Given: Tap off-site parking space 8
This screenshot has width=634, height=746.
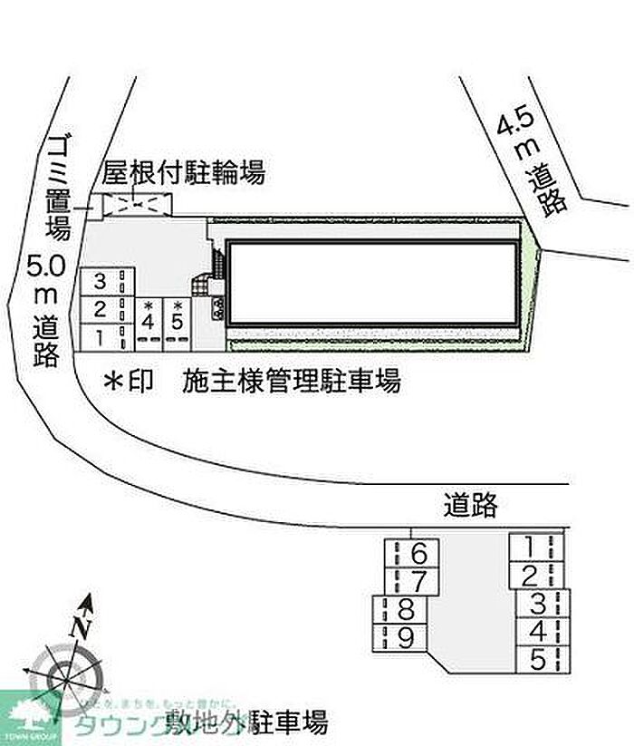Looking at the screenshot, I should click(x=405, y=609).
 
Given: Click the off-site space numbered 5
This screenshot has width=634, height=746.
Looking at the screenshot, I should click(x=539, y=658).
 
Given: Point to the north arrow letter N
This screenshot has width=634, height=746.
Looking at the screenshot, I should click(x=82, y=625).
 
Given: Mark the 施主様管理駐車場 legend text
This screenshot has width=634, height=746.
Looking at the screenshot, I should click(x=291, y=382).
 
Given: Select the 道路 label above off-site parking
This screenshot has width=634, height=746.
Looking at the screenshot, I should click(x=471, y=503).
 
